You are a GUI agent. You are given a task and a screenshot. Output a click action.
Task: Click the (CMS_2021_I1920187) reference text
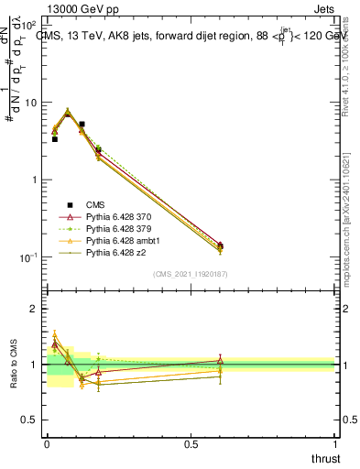pyautogui.click(x=191, y=274)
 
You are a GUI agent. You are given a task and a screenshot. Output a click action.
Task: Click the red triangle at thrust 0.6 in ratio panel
pyautogui.click(x=220, y=361)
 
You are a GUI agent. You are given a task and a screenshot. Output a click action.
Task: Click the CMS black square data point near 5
pyautogui.click(x=82, y=124)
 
